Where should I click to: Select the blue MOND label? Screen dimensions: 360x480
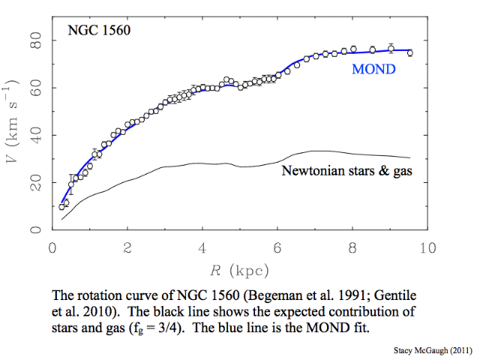[373, 70]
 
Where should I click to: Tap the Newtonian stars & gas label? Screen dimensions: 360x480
[346, 171]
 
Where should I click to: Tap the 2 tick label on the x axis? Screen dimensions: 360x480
[127, 248]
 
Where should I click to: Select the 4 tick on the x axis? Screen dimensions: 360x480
[202, 248]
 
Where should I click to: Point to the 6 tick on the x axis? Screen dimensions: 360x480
[277, 248]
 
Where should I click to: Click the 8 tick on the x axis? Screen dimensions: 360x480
[352, 248]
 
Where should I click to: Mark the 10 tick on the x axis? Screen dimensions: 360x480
[427, 248]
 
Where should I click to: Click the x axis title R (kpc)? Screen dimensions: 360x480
[238, 269]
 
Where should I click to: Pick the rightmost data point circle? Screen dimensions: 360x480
[409, 53]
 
